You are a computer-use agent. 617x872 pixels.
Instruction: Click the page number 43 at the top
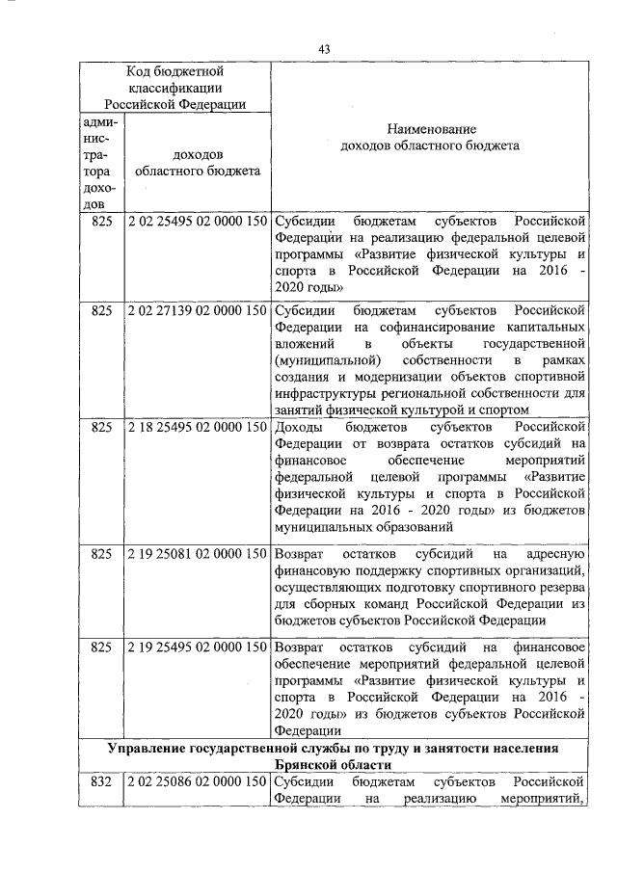tap(323, 50)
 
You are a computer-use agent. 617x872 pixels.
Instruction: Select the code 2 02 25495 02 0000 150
tap(196, 221)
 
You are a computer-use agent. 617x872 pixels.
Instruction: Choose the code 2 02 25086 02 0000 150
tap(196, 781)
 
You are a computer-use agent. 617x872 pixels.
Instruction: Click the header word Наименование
tap(431, 128)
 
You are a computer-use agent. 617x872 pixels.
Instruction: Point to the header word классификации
tap(175, 88)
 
